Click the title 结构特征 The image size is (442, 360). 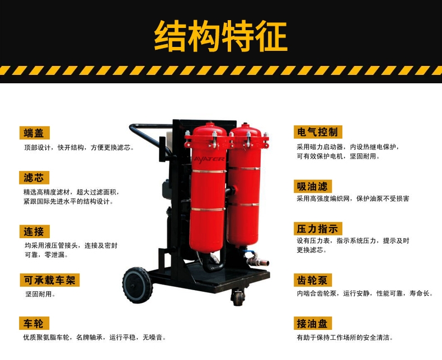220,36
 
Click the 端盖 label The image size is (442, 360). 34,132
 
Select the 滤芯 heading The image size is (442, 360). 34,178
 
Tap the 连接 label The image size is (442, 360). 34,231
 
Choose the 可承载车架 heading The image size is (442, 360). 50,280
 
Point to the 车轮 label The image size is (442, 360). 34,323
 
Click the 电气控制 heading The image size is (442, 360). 318,132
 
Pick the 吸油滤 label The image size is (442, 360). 313,186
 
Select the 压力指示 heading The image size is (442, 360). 318,229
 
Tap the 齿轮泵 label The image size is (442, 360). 313,280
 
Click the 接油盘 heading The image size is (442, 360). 313,323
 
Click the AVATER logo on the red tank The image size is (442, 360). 209,159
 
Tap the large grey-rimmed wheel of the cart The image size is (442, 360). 138,285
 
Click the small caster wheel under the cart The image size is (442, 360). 238,297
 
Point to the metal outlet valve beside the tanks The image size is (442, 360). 257,260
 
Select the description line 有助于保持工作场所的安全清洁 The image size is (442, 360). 345,337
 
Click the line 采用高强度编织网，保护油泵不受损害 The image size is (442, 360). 352,198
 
